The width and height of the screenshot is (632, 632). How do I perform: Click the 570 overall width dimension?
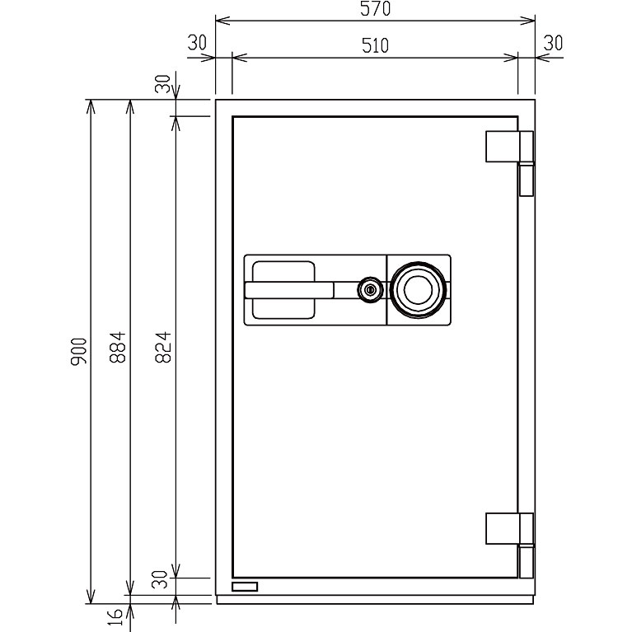[x=375, y=9]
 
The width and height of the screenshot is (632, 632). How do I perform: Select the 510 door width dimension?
[x=375, y=45]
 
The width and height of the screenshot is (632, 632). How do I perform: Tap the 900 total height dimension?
[x=78, y=352]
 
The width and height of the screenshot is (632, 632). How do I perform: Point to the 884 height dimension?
[x=118, y=347]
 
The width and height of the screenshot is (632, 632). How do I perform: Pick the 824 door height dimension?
[x=163, y=347]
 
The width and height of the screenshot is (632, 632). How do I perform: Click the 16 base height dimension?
[x=115, y=617]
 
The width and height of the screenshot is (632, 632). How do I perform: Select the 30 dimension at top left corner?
[x=197, y=43]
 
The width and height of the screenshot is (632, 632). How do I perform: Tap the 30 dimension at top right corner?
[x=553, y=43]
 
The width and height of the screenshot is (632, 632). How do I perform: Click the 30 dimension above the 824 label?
[x=163, y=84]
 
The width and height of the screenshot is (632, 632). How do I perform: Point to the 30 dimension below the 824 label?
[x=160, y=579]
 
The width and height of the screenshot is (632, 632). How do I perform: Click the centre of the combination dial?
[x=419, y=290]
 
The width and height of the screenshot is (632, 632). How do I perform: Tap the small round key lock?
[x=370, y=290]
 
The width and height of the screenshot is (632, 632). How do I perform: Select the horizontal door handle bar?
[x=289, y=290]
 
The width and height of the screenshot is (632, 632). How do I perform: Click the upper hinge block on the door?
[x=503, y=147]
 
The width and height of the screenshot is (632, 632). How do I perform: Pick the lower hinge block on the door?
[x=503, y=528]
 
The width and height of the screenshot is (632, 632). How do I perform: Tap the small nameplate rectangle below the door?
[x=245, y=587]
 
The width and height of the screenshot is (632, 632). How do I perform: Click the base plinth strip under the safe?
[x=375, y=600]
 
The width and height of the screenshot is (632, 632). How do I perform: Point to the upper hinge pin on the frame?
[x=527, y=180]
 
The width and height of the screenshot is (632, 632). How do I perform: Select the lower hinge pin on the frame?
[x=527, y=562]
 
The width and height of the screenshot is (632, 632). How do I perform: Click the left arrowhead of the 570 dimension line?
[x=222, y=21]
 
